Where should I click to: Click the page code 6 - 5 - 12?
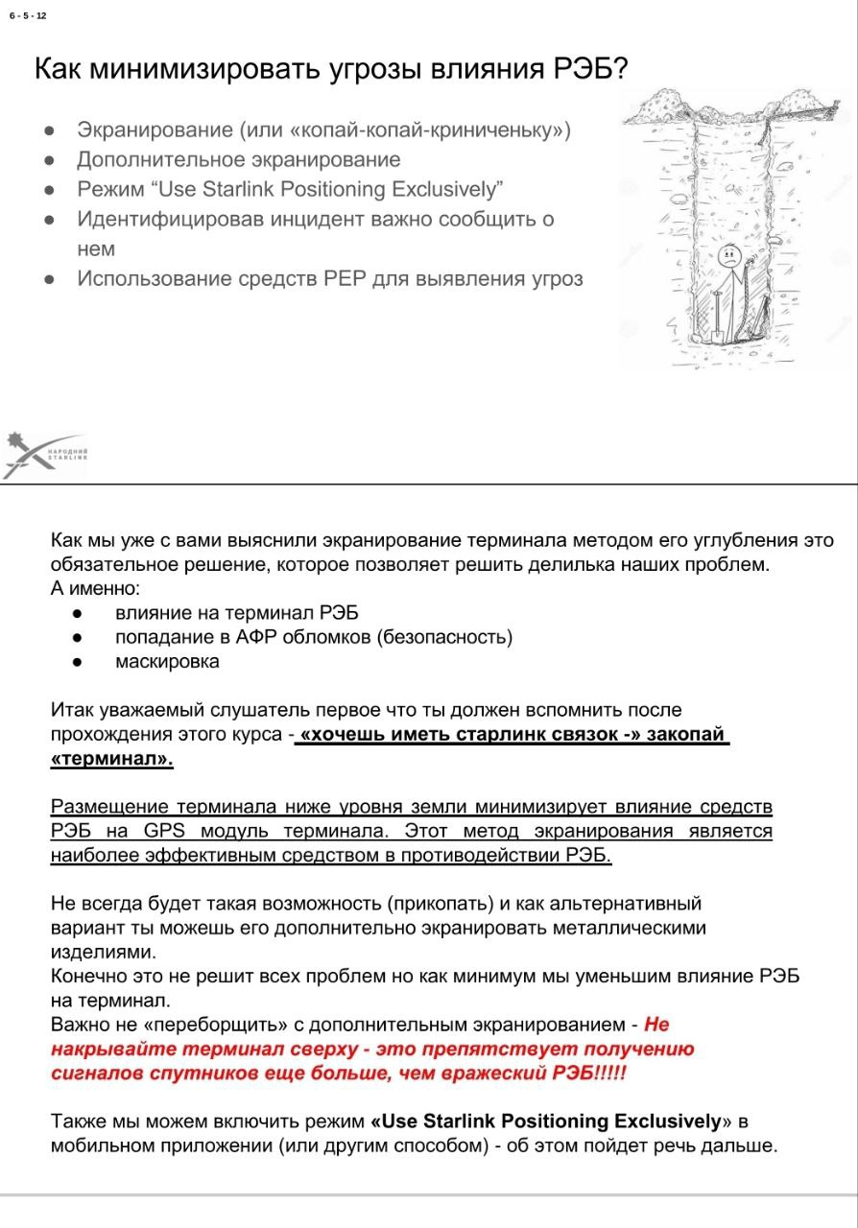pos(28,16)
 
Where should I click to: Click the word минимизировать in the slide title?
pos(204,70)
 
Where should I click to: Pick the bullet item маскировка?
pos(167,661)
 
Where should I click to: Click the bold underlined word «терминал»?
pos(111,760)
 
